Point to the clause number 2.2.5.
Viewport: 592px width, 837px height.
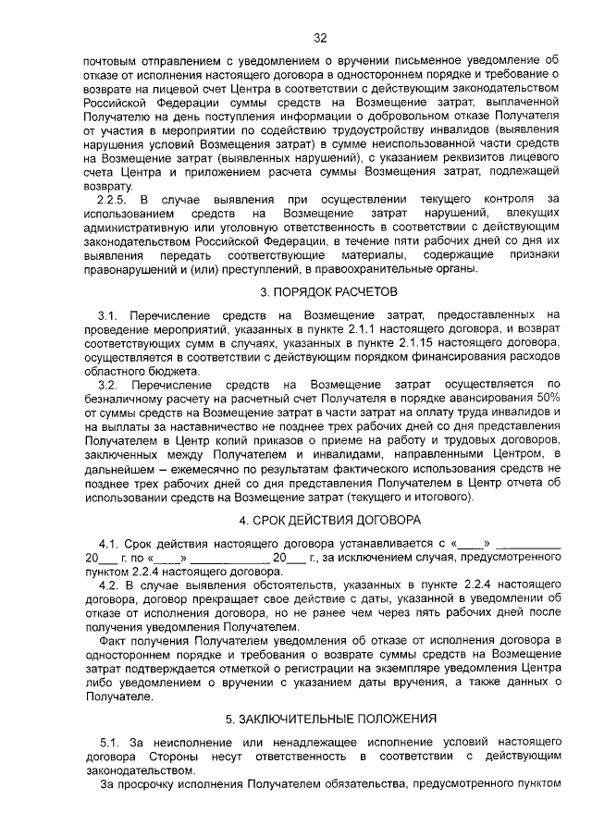click(x=111, y=199)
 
